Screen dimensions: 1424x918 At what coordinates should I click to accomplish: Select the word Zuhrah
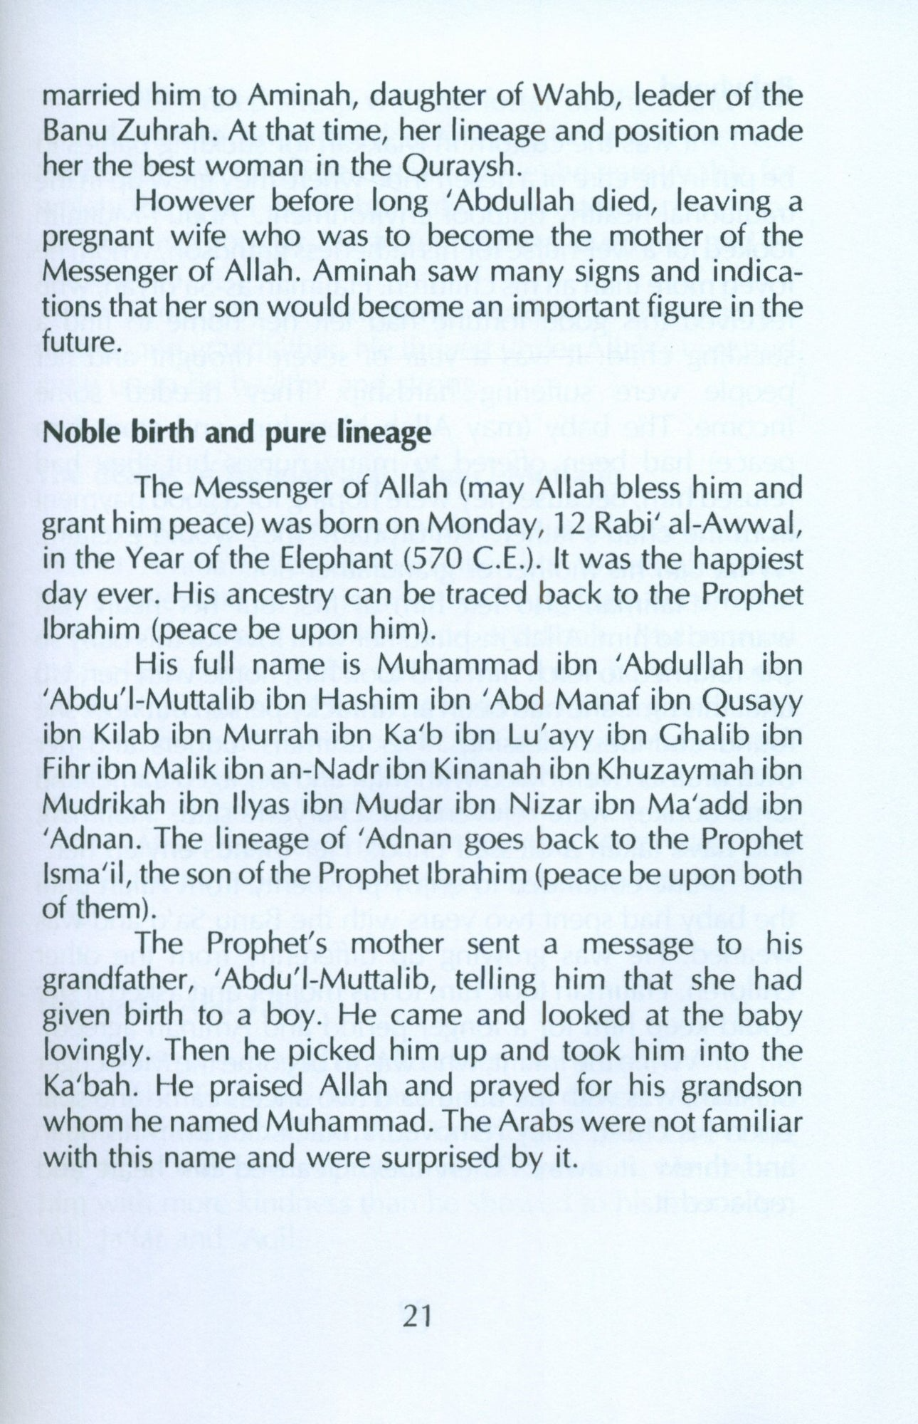(x=170, y=131)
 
